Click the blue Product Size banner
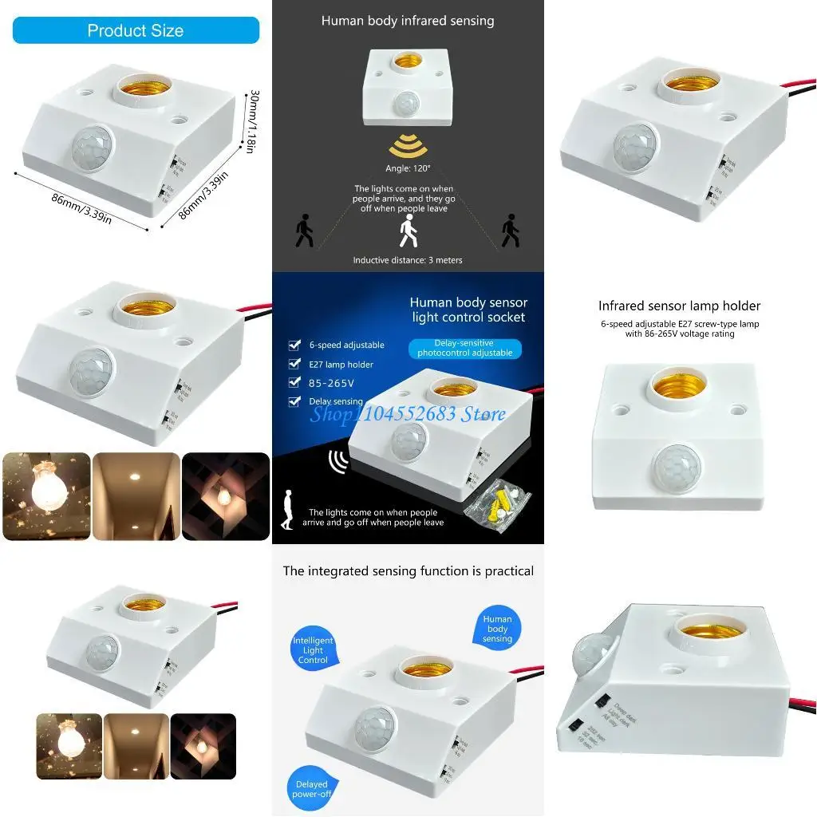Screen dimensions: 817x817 [136, 30]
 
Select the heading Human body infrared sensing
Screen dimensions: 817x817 [408, 21]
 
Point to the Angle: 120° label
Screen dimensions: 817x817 [408, 168]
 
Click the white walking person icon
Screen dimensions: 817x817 [408, 232]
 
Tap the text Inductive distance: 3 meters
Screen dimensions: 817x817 [408, 260]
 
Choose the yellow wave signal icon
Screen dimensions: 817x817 [407, 147]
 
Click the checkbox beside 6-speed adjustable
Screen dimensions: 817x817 [294, 345]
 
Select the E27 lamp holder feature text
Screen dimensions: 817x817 [341, 365]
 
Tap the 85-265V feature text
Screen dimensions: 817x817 [330, 383]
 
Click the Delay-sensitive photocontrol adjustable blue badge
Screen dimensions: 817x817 [465, 348]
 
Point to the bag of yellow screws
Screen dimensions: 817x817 [497, 503]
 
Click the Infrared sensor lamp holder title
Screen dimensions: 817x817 [679, 306]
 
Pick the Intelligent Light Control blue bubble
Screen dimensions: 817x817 [313, 650]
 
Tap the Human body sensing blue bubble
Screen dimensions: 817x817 [497, 628]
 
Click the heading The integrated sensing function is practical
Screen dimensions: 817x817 [408, 571]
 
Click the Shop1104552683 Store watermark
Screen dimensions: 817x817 [408, 413]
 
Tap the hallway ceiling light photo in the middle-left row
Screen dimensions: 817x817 [136, 496]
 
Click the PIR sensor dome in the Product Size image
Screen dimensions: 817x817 [92, 148]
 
